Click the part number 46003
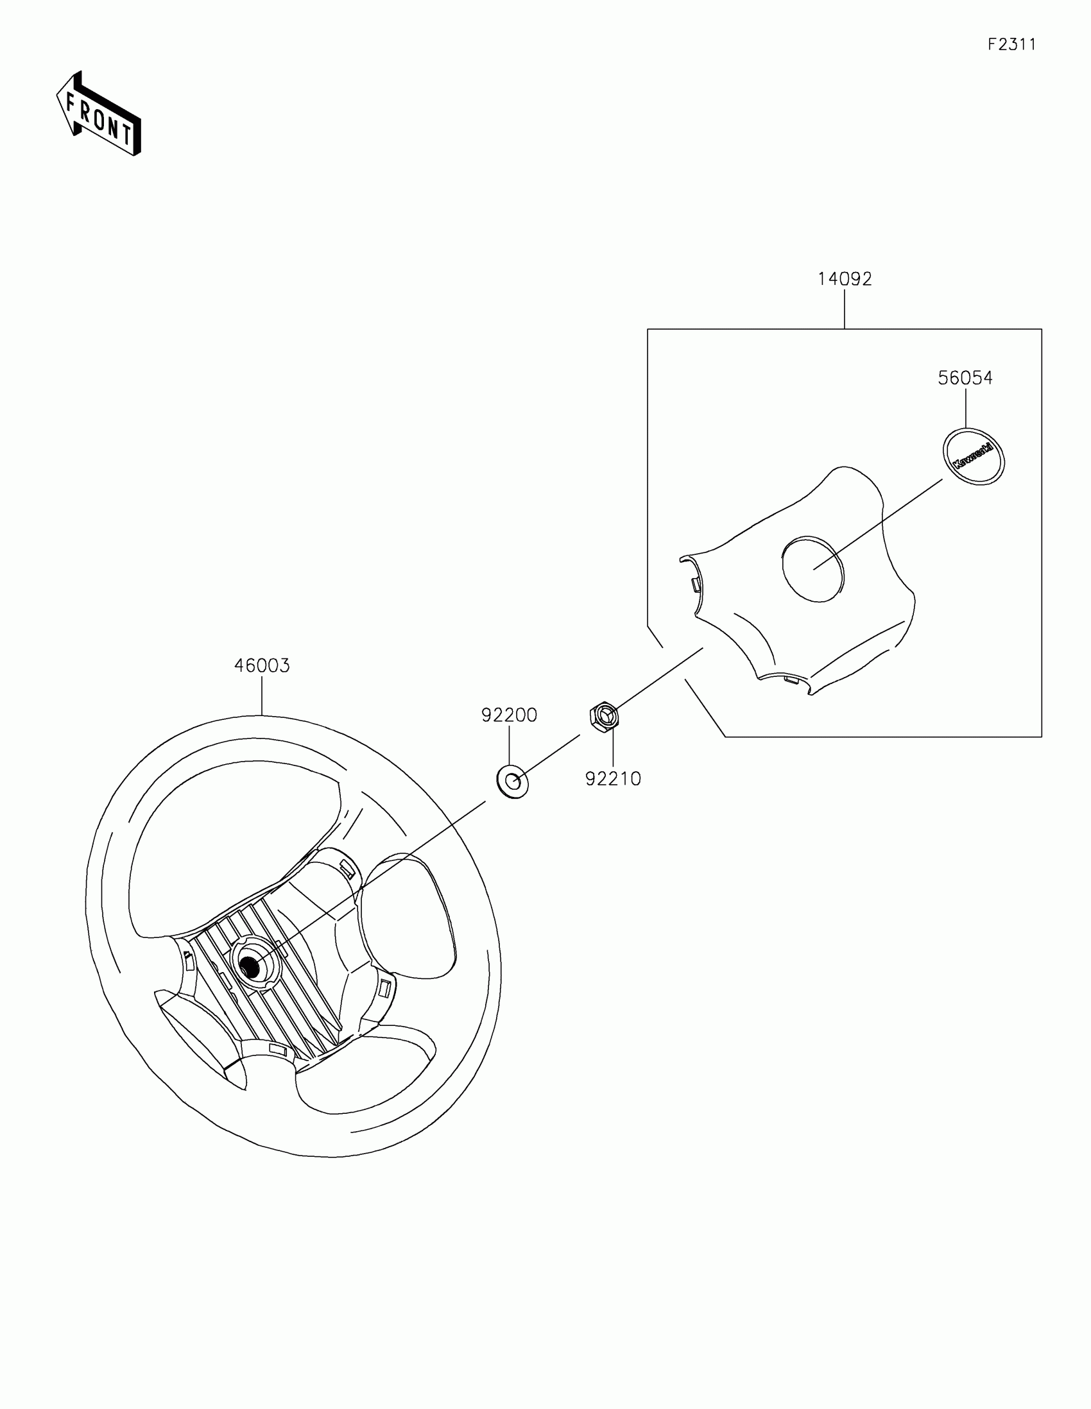262,665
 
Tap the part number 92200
509,715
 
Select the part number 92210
613,779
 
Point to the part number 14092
845,278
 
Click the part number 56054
965,377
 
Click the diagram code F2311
1011,44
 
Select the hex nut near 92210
604,715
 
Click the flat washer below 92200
513,782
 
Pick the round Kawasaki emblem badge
974,456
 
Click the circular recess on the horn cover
813,568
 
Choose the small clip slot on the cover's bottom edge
791,678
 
